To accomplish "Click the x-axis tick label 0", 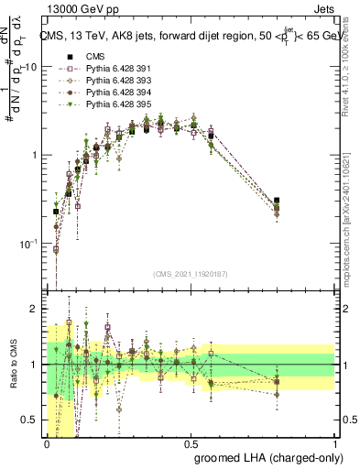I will [48, 442].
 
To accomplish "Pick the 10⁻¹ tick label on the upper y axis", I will [31, 243].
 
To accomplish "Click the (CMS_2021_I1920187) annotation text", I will [191, 274].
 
